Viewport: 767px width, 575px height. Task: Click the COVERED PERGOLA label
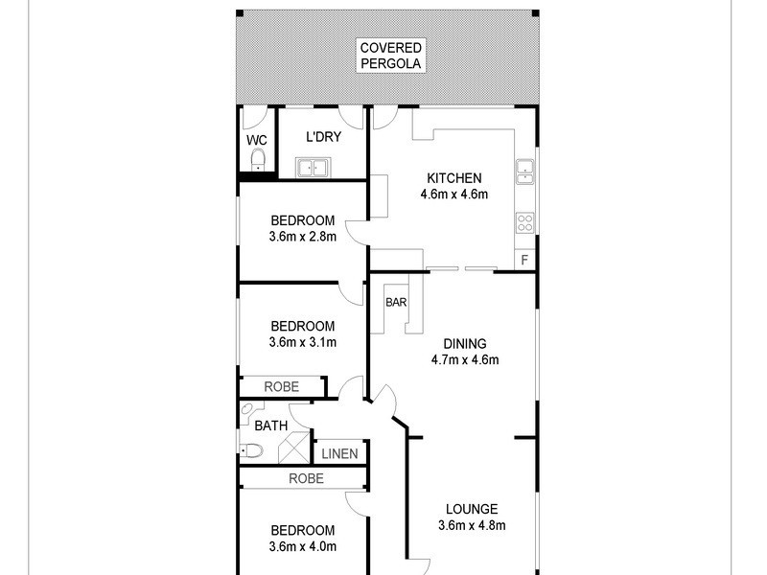tap(391, 56)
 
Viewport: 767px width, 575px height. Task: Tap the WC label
tap(256, 140)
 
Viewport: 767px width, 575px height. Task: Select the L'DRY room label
tap(323, 137)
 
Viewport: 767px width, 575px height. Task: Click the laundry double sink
tap(314, 170)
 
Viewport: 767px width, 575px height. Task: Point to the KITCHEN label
tap(453, 178)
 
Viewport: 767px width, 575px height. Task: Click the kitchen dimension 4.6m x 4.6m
tap(453, 195)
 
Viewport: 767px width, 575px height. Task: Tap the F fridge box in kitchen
tap(524, 260)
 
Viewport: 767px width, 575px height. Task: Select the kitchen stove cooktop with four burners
tap(525, 222)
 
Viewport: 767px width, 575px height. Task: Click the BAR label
tap(396, 302)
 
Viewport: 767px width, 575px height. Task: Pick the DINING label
tap(465, 344)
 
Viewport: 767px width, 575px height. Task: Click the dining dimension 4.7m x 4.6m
tap(465, 360)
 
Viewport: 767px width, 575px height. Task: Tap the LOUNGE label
tap(471, 508)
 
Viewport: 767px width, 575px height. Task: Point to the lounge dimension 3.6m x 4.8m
tap(471, 524)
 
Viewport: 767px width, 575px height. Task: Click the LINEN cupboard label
tap(339, 453)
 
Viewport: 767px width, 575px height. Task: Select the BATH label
tap(269, 425)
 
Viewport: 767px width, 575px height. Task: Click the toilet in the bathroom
tap(250, 450)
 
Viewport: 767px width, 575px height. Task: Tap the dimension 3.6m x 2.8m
tap(302, 237)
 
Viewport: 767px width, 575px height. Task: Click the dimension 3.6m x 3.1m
tap(302, 342)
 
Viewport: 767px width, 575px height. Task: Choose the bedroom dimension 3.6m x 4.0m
tap(302, 547)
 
